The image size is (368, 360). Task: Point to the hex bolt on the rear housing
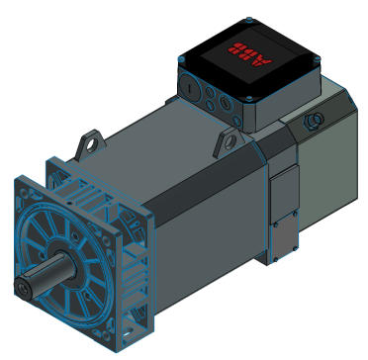pos(317,120)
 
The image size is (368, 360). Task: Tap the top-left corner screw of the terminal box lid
pos(179,61)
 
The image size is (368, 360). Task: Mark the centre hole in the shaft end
pos(24,288)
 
